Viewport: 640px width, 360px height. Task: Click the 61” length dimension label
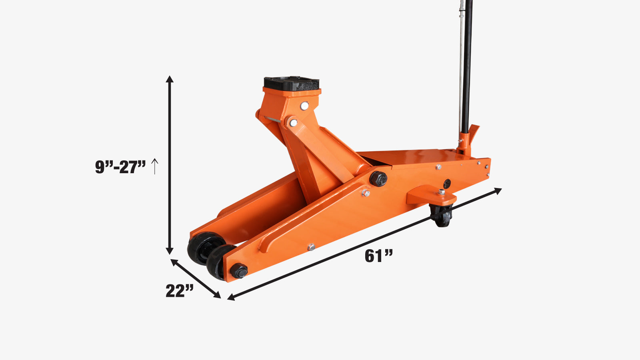tap(378, 256)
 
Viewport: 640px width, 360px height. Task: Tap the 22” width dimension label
tap(180, 291)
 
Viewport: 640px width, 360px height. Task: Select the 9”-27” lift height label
tap(120, 167)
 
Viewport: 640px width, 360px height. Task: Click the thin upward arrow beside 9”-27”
tap(154, 166)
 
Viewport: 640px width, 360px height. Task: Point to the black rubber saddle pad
tap(292, 84)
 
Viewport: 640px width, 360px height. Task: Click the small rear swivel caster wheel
tap(442, 216)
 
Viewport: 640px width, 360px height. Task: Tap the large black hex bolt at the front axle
tap(239, 271)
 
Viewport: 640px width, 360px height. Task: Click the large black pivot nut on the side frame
tap(378, 179)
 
